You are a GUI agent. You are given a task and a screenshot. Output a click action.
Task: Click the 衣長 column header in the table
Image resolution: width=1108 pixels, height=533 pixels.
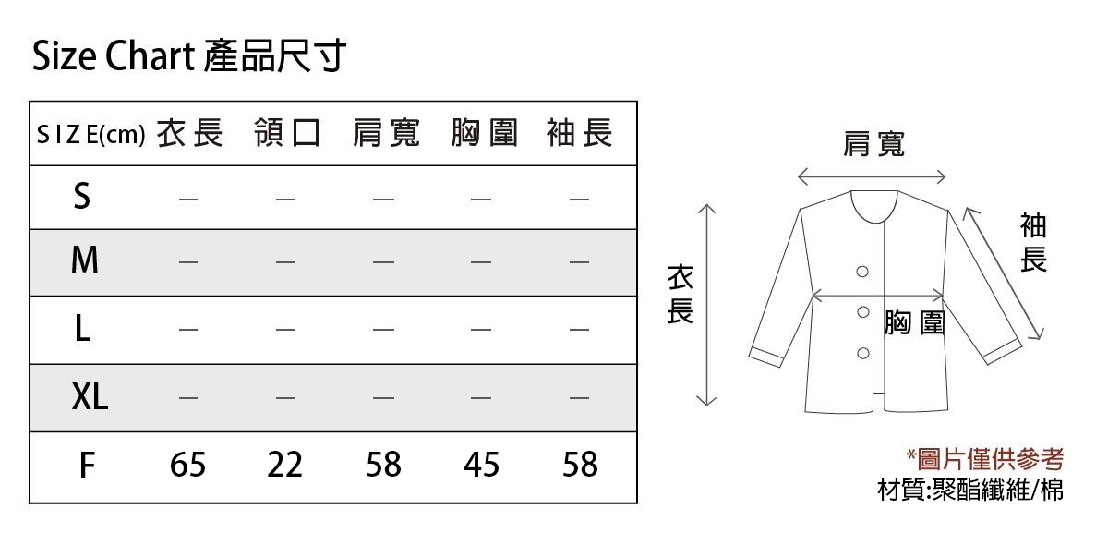189,133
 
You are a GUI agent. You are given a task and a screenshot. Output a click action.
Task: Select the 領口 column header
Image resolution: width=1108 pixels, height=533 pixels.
287,133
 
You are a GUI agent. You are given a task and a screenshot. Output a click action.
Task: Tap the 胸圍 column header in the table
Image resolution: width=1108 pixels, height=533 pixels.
484,133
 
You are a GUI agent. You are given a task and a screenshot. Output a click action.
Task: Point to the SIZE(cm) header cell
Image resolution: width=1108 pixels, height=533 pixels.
91,135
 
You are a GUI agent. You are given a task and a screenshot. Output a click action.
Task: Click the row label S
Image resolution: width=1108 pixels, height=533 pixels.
82,196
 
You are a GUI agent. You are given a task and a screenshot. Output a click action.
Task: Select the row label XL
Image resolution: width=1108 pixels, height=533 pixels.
90,396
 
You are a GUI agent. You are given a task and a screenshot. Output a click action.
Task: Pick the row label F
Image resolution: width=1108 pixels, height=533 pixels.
87,466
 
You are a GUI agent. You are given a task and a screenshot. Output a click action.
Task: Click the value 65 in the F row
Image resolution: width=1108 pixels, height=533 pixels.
187,465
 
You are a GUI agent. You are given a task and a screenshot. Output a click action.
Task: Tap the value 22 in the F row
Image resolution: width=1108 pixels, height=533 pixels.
285,465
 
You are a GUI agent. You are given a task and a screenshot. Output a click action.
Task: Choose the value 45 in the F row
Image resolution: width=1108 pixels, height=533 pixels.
481,465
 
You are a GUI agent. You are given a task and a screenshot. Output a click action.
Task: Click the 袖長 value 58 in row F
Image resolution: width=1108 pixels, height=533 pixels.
580,465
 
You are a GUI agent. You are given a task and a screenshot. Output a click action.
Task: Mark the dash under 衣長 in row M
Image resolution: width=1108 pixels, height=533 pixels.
188,261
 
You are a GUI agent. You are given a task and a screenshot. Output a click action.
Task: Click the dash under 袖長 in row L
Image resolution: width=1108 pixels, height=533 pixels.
579,329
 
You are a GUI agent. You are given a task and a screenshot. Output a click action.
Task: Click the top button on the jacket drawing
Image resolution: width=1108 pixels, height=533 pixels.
862,272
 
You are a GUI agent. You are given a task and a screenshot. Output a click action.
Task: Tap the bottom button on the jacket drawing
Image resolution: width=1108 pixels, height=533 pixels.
863,354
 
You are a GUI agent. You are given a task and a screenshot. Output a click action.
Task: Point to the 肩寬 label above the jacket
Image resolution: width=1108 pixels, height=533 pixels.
874,144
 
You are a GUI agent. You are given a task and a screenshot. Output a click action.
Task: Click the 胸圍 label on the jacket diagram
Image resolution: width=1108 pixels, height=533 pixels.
915,322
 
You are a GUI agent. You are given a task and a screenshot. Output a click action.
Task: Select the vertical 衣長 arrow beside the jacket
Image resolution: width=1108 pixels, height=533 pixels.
707,305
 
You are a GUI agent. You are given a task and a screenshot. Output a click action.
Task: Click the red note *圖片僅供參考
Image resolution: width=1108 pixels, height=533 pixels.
985,459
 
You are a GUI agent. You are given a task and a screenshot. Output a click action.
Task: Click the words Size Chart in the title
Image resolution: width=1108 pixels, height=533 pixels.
114,55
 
